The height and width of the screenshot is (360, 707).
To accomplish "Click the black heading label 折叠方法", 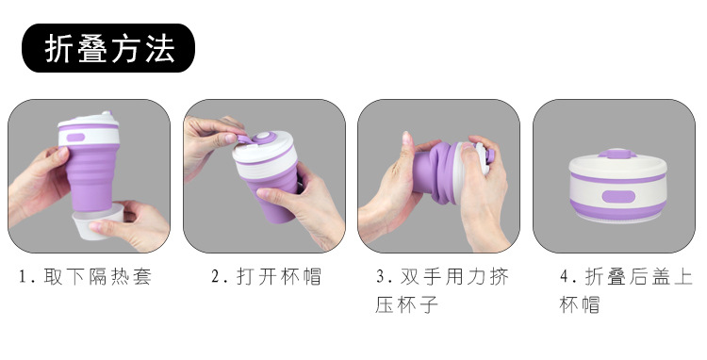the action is [x=108, y=48].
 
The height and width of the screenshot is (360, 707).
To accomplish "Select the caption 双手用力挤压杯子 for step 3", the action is [x=442, y=290].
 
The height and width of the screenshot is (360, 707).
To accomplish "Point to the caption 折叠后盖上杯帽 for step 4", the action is [x=626, y=290].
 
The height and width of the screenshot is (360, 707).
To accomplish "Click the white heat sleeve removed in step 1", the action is [x=98, y=221].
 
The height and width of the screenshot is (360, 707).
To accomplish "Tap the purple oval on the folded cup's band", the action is [x=618, y=196].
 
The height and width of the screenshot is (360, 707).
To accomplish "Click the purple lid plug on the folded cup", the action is [x=617, y=154].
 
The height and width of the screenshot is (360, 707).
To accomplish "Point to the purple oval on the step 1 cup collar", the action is [x=75, y=138].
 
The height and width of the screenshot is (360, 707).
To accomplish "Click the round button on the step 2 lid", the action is [x=262, y=137].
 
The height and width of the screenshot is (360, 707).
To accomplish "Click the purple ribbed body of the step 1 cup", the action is [x=91, y=178].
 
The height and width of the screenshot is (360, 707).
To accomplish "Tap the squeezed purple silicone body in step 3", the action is [x=434, y=172].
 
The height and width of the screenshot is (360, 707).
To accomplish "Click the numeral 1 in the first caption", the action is [x=23, y=277].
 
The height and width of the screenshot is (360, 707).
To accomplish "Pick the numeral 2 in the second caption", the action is [x=216, y=277].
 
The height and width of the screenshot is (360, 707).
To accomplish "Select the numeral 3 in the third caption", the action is [x=381, y=277].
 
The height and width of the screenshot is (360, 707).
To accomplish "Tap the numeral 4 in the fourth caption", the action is [x=565, y=277].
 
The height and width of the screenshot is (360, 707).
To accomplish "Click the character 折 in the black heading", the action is [x=58, y=49].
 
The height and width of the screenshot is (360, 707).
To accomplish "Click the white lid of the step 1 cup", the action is [x=88, y=120].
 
